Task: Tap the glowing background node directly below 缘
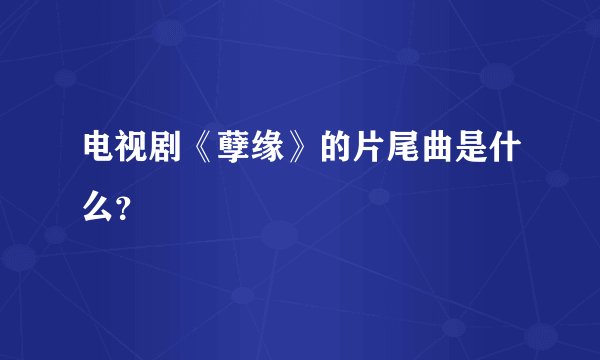(x=281, y=237)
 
